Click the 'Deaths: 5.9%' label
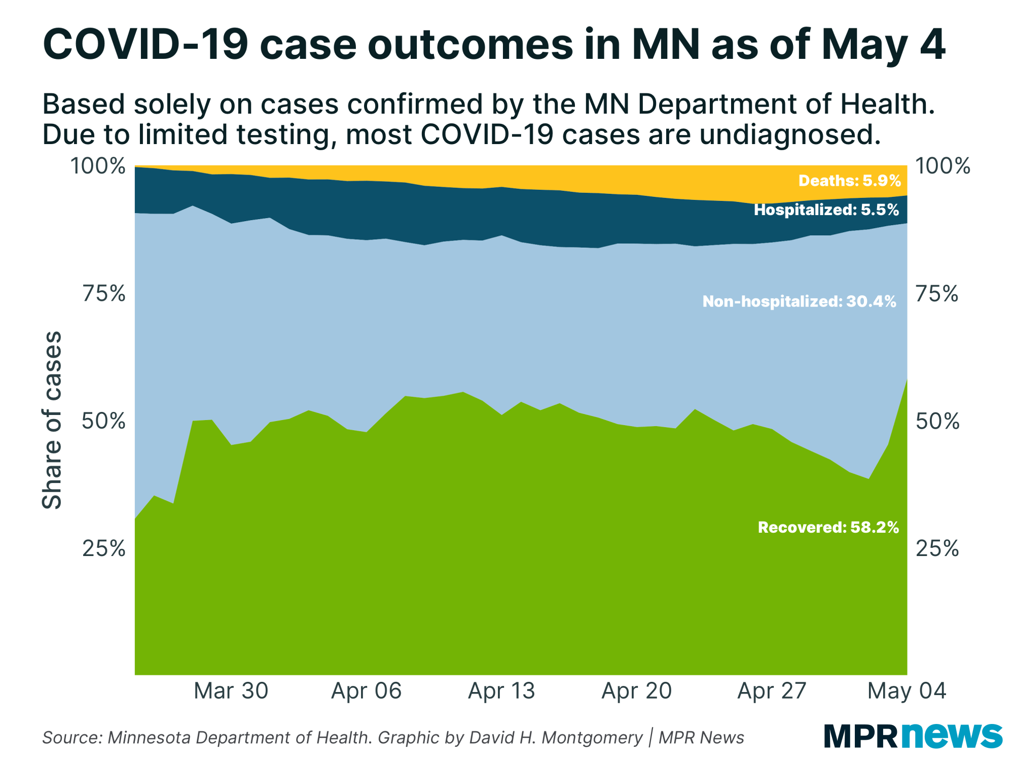(x=849, y=181)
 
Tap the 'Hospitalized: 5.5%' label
(x=826, y=210)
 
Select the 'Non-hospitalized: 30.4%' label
(x=799, y=301)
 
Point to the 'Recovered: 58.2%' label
(x=828, y=527)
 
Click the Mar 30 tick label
(x=231, y=690)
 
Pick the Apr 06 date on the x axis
(x=366, y=690)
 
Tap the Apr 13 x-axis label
(x=501, y=690)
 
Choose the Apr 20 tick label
(x=636, y=690)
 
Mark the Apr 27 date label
(x=772, y=690)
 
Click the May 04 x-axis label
(x=907, y=690)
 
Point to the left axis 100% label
(x=97, y=166)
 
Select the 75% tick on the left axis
(x=103, y=293)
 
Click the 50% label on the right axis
(x=937, y=421)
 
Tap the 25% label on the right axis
(x=937, y=548)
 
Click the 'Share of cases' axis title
(x=52, y=420)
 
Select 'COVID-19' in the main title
(x=146, y=45)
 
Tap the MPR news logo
(x=913, y=735)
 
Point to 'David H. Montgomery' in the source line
(x=556, y=737)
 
